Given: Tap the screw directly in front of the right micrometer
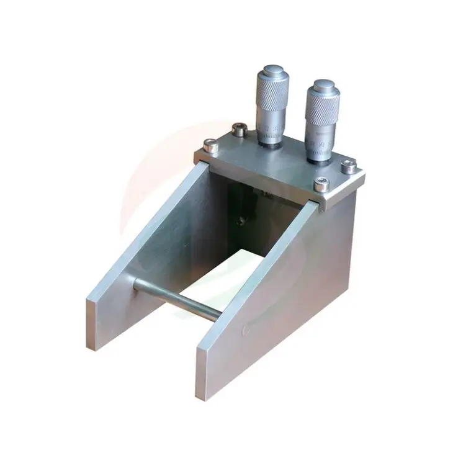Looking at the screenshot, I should coord(321,183).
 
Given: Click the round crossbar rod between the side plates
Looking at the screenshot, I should coord(177,298).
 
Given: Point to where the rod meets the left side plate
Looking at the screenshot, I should coord(137,284).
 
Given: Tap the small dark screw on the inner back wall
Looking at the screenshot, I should coord(241,220).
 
